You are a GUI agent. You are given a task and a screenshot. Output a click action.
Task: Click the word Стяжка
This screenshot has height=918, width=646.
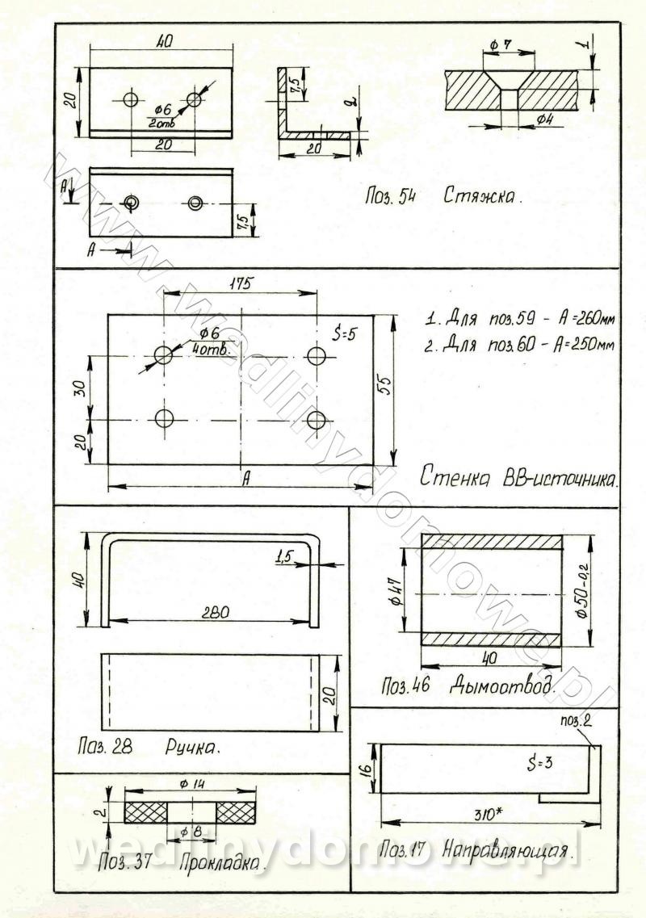click(x=481, y=195)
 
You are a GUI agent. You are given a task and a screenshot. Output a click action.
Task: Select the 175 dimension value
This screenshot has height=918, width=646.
click(x=241, y=283)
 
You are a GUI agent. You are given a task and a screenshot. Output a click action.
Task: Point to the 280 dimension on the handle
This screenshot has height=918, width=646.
click(x=208, y=613)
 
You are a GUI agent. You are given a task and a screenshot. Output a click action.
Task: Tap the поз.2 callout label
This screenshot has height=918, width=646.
click(x=577, y=720)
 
